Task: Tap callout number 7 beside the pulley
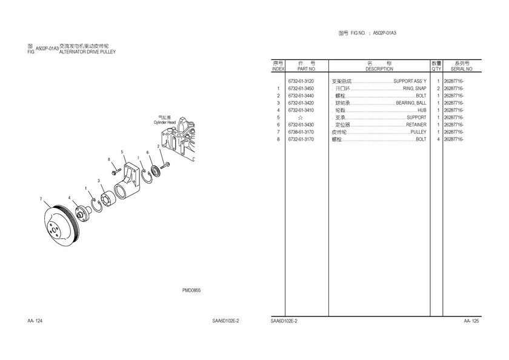pos(41,199)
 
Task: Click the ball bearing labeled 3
pos(109,199)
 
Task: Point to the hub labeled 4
pos(81,213)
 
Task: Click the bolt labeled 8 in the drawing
pos(116,172)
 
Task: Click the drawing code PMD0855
pos(191,290)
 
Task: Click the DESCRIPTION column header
pos(379,69)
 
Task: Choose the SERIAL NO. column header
pos(462,69)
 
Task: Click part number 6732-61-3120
pos(301,81)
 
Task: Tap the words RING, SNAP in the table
pos(414,88)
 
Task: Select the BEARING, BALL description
pos(411,103)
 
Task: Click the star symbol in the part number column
pos(301,118)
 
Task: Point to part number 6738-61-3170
pos(301,132)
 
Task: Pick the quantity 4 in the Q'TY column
pos(438,139)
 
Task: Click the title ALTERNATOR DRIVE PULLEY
pos(87,52)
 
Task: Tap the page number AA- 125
pos(471,321)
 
